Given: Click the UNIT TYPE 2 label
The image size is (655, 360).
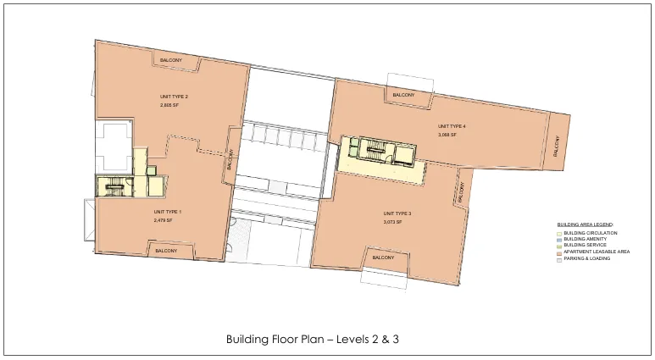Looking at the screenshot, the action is pos(174,97).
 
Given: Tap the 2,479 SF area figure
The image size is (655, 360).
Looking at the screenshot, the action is pos(163,220).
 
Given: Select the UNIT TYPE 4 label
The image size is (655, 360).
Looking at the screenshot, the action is pos(452,126).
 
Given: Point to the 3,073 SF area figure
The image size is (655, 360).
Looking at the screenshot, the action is pos(392,222).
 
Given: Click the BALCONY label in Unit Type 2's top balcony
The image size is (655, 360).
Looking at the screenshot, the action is pos(171,60).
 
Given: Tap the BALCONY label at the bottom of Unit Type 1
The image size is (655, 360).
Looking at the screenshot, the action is pos(166,251).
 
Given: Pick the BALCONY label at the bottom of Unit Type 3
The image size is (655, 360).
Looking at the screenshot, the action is pos(383,258).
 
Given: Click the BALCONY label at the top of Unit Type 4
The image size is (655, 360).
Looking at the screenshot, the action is pos(403,95).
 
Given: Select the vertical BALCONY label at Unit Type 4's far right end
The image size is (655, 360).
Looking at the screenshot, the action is pos(556,146).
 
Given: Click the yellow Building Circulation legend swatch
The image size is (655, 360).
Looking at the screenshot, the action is pos(559,234).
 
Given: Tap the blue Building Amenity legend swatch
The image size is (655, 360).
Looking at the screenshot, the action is pos(559,240).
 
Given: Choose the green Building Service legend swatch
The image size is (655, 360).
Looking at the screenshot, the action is pos(559,246).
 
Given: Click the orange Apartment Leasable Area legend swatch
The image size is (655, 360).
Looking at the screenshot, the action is pos(559,252).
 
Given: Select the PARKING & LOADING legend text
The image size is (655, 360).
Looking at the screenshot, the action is pos(587,258).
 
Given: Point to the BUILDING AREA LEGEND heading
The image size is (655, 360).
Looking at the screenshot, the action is pos(586,224).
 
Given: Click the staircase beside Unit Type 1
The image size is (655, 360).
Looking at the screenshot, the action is pos(114,186).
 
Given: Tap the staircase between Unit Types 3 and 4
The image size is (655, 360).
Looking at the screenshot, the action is pos(376,148).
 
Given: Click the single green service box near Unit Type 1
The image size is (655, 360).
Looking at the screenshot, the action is pos(151,170).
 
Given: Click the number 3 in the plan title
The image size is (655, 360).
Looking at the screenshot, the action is pos(395,339).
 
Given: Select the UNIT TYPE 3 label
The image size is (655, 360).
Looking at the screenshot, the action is pos(397,213).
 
